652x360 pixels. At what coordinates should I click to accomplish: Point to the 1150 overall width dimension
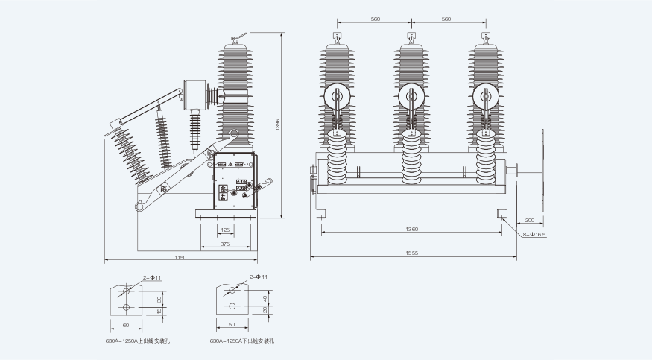click(180, 257)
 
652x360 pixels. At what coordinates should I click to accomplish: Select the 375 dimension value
click(225, 244)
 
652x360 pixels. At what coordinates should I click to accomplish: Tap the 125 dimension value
click(225, 230)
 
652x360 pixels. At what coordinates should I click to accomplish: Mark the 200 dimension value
click(529, 220)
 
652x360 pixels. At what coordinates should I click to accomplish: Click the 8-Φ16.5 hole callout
click(535, 235)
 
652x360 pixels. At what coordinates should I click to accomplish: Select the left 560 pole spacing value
click(374, 19)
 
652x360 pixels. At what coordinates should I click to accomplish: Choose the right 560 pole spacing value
click(446, 19)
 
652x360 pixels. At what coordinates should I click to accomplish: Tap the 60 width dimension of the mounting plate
click(125, 326)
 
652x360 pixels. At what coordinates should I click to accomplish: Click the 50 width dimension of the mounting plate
click(232, 326)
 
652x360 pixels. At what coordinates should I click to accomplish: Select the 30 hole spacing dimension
click(159, 299)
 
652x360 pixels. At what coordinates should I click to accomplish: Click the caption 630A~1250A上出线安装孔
click(138, 341)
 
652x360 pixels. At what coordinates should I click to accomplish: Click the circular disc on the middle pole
click(411, 96)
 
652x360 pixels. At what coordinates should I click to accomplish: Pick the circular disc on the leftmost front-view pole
click(338, 96)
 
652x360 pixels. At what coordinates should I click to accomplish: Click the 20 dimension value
click(265, 310)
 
